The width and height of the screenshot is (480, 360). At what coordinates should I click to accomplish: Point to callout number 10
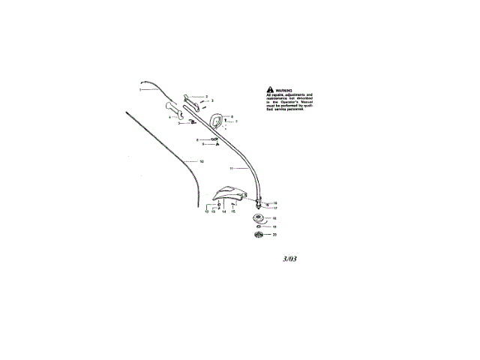(x=200, y=161)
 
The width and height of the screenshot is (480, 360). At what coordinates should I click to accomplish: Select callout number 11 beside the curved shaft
(x=232, y=169)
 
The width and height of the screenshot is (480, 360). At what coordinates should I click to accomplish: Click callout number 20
(x=274, y=235)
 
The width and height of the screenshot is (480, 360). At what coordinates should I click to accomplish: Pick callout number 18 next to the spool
(x=274, y=218)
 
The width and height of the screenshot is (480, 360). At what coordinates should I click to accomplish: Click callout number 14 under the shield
(x=223, y=212)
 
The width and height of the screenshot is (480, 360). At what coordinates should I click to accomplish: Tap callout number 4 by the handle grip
(x=169, y=117)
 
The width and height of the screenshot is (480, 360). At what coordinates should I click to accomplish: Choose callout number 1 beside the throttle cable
(x=139, y=90)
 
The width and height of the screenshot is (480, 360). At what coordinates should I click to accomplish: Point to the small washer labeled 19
(x=259, y=226)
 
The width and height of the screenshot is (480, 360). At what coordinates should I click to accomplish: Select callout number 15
(x=233, y=212)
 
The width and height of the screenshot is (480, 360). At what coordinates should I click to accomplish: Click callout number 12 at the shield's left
(x=206, y=212)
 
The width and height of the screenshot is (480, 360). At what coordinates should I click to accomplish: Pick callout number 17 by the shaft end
(x=275, y=208)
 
